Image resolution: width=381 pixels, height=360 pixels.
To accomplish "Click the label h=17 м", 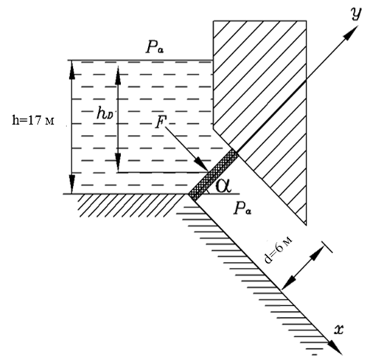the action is point(33,121).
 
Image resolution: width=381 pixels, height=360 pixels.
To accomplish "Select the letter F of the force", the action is point(161,122).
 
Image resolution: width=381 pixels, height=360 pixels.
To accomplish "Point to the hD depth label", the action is point(105,114).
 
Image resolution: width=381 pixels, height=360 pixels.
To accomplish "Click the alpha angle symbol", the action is point(223,186).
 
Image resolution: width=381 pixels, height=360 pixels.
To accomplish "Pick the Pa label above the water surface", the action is point(155,47).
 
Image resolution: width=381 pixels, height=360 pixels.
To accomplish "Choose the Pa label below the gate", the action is point(242,209).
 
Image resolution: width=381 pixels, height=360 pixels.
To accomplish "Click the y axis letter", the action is point(357,13).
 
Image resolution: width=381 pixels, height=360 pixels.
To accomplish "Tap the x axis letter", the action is point(339,329).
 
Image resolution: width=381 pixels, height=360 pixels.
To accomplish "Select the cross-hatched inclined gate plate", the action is point(213,175).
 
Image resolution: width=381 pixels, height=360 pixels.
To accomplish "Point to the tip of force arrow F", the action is point(209,170).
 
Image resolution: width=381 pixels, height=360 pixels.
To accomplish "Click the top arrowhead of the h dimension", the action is point(71,69).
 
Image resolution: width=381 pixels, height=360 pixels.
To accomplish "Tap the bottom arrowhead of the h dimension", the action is point(71,184).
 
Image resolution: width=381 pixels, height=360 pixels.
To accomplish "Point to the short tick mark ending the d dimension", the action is point(327,247).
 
